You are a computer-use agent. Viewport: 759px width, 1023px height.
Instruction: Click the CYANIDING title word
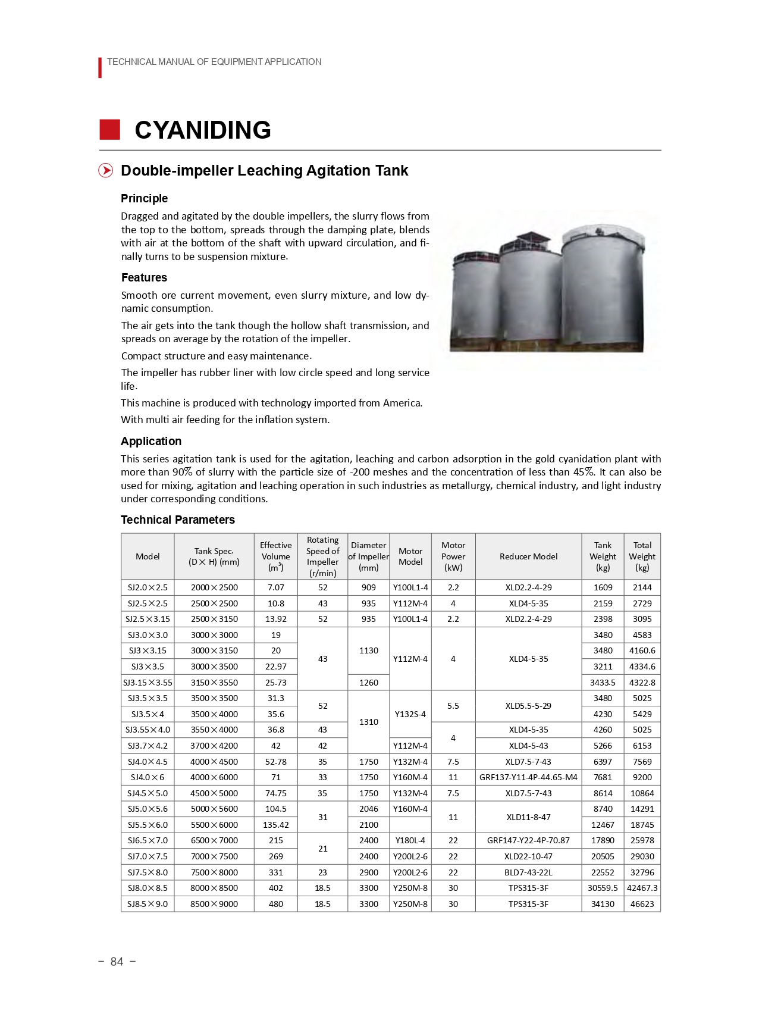(x=203, y=130)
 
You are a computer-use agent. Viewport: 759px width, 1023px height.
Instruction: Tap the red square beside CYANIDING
(x=109, y=130)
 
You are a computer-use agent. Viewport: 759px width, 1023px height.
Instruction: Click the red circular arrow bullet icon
(x=105, y=171)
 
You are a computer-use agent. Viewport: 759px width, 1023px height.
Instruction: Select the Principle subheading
(x=144, y=198)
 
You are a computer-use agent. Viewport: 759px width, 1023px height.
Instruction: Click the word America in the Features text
(x=402, y=403)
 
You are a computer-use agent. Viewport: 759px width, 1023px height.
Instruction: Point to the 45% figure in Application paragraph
(x=583, y=472)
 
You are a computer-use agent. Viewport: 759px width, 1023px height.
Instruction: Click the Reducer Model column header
(x=528, y=556)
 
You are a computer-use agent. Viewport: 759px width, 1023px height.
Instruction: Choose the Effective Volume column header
(x=275, y=556)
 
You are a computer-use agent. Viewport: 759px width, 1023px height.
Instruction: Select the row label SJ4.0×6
(x=148, y=777)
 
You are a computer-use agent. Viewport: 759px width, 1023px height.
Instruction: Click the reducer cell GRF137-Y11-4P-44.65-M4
(x=528, y=777)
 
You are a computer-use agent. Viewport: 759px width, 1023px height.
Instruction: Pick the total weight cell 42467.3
(x=642, y=888)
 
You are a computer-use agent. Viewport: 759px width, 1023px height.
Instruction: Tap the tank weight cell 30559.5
(x=603, y=888)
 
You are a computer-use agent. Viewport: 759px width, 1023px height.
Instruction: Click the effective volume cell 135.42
(x=275, y=825)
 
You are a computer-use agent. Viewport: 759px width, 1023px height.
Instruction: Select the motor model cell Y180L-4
(x=410, y=840)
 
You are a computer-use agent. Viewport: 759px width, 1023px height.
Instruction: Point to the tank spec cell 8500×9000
(x=214, y=904)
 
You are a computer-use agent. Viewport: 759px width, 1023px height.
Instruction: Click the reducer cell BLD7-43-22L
(x=528, y=872)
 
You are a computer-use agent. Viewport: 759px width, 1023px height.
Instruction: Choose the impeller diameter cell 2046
(x=368, y=809)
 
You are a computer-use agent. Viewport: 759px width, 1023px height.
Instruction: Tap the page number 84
(x=117, y=962)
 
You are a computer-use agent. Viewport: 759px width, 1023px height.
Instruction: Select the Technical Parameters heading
(x=177, y=520)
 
